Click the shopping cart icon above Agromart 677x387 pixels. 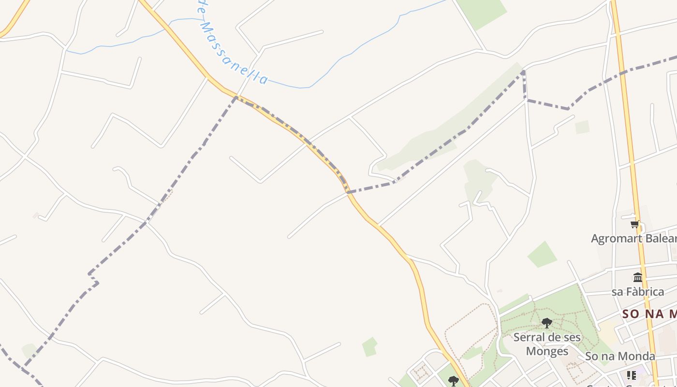click(x=635, y=224)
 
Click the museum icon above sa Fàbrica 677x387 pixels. click(x=638, y=278)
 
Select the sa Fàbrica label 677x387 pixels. click(x=638, y=292)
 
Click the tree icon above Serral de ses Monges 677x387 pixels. click(x=547, y=323)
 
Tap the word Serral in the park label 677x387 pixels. click(x=530, y=337)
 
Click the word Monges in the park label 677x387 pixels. click(x=547, y=351)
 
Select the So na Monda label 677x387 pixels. click(x=620, y=357)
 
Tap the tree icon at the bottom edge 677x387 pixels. click(x=453, y=381)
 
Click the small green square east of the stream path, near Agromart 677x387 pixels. click(x=582, y=127)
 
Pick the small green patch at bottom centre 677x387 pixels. click(x=370, y=347)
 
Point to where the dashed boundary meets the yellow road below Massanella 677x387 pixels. click(x=236, y=97)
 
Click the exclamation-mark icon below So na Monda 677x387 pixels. click(x=631, y=375)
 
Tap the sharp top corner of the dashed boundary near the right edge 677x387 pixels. click(x=524, y=72)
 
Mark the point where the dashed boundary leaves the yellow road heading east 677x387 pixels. click(x=348, y=192)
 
